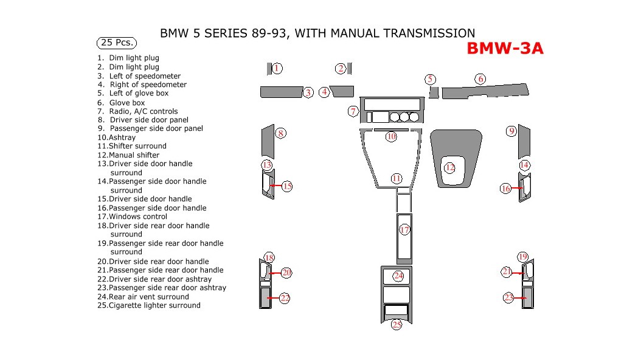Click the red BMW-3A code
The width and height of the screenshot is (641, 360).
[505, 49]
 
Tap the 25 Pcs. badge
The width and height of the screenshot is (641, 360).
[117, 43]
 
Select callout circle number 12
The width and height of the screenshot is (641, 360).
[449, 168]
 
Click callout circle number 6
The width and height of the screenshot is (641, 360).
[480, 79]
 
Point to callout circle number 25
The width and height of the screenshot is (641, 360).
[397, 325]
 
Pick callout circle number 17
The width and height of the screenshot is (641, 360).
[404, 229]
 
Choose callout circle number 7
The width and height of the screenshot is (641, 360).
[353, 111]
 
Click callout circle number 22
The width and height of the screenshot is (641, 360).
[285, 298]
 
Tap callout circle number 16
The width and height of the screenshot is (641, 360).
[505, 189]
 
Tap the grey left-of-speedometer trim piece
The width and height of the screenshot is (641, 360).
[282, 92]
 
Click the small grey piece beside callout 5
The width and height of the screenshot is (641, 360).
[434, 92]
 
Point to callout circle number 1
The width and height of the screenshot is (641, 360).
[277, 68]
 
